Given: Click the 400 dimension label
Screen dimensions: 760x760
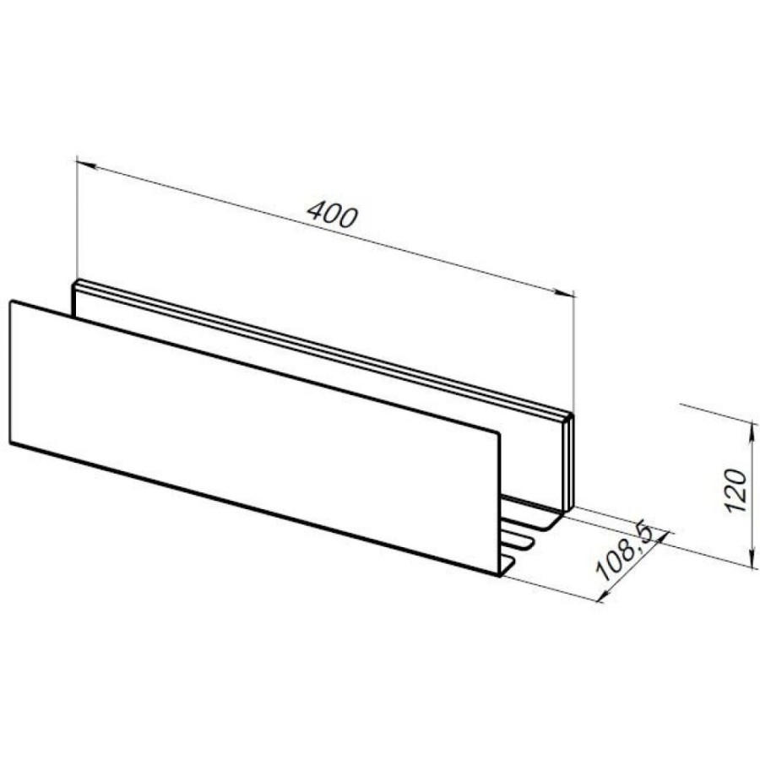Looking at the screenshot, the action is pyautogui.click(x=333, y=214).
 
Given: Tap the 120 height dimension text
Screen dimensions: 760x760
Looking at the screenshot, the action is pyautogui.click(x=736, y=491).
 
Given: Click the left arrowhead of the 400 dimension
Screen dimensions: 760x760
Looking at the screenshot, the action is pyautogui.click(x=86, y=165).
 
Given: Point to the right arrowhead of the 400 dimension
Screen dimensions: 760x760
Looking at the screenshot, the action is pyautogui.click(x=564, y=292).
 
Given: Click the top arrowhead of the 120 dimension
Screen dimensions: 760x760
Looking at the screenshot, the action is pyautogui.click(x=753, y=433).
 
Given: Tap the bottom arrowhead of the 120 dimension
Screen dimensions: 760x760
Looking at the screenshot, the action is pyautogui.click(x=753, y=556).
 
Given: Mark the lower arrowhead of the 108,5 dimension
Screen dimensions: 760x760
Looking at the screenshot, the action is pyautogui.click(x=605, y=594).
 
